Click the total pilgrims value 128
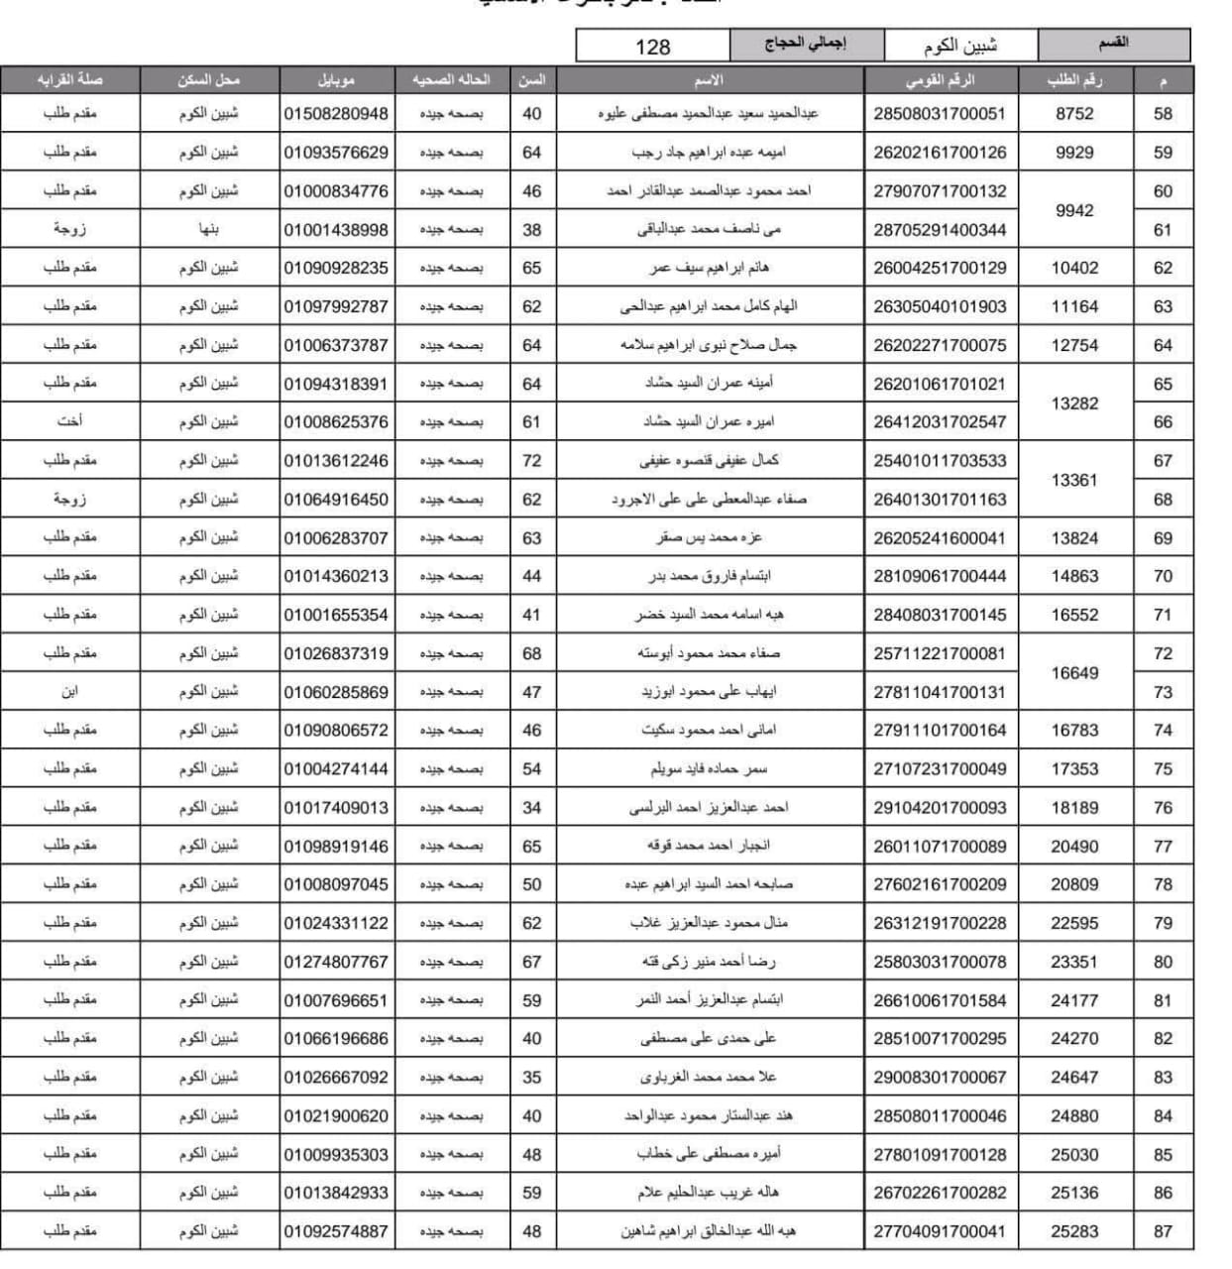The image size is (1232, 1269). tap(652, 47)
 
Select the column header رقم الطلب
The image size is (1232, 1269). tap(1074, 80)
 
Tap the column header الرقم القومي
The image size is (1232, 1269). tap(939, 80)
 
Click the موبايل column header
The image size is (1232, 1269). tap(336, 80)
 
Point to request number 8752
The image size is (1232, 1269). tap(1074, 114)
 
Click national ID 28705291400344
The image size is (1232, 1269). tap(939, 230)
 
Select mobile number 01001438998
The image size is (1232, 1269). tap(336, 230)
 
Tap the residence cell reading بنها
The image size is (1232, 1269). tap(209, 229)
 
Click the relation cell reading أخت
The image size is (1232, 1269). tap(69, 421)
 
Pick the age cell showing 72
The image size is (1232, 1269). tap(531, 460)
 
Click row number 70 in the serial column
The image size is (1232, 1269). tap(1163, 576)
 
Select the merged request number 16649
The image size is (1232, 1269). tap(1074, 673)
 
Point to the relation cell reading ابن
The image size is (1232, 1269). tap(69, 691)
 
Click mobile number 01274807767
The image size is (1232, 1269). tap(336, 962)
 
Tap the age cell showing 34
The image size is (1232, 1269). tap(531, 807)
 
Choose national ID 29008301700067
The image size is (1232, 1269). tap(939, 1077)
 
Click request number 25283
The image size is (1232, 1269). tap(1074, 1231)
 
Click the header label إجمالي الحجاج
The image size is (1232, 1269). tap(805, 45)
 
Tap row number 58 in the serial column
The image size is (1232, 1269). tap(1163, 114)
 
